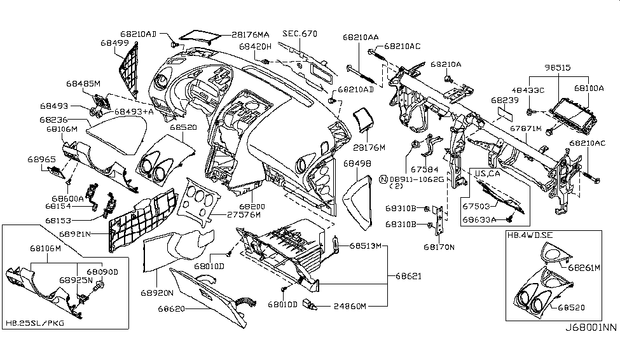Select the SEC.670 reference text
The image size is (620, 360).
[x=300, y=34]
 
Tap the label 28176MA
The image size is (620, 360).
[x=250, y=34]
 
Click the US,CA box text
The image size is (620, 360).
[x=488, y=173]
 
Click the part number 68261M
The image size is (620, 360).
[x=584, y=268]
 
